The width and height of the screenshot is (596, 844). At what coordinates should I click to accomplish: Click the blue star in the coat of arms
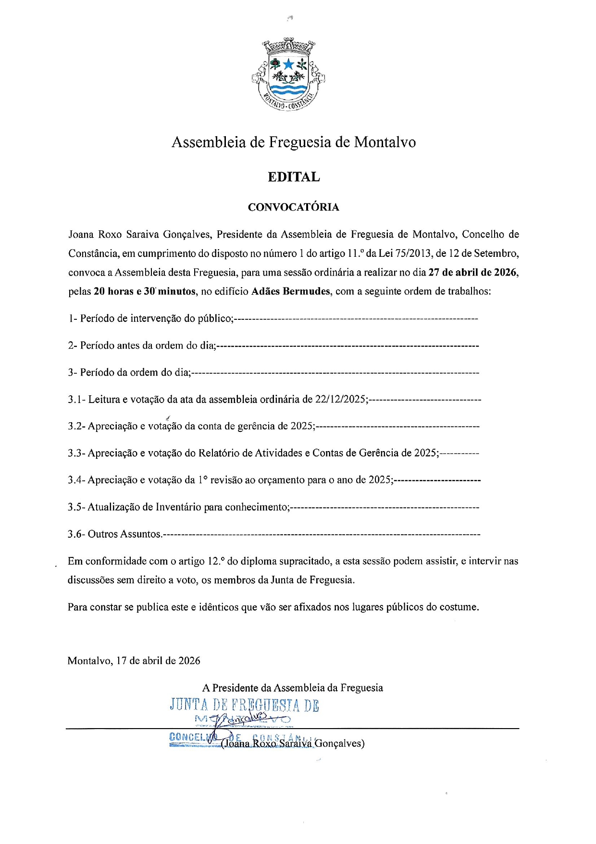tap(288, 64)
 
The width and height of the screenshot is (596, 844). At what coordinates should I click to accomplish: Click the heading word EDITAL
tap(294, 177)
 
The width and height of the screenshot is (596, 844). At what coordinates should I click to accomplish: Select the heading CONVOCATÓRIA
tap(294, 207)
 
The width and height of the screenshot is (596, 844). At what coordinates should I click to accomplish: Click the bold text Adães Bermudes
tap(291, 291)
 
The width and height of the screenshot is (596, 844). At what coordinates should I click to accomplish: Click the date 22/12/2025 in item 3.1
tap(341, 399)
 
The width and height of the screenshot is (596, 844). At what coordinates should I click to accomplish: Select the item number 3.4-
tap(76, 480)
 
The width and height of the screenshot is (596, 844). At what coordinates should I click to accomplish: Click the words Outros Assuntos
tap(124, 534)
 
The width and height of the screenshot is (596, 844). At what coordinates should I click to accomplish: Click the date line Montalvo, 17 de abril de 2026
tap(134, 661)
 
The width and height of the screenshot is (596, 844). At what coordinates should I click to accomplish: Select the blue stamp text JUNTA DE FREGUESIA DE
tap(244, 705)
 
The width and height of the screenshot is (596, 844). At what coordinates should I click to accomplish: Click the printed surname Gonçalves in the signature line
tap(339, 743)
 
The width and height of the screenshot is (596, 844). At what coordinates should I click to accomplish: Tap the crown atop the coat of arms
tap(288, 46)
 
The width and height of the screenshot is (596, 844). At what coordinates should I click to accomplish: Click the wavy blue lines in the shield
tap(288, 90)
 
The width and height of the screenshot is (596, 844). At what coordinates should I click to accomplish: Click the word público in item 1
tap(215, 318)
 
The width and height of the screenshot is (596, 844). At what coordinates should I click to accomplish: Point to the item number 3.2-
tap(76, 426)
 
